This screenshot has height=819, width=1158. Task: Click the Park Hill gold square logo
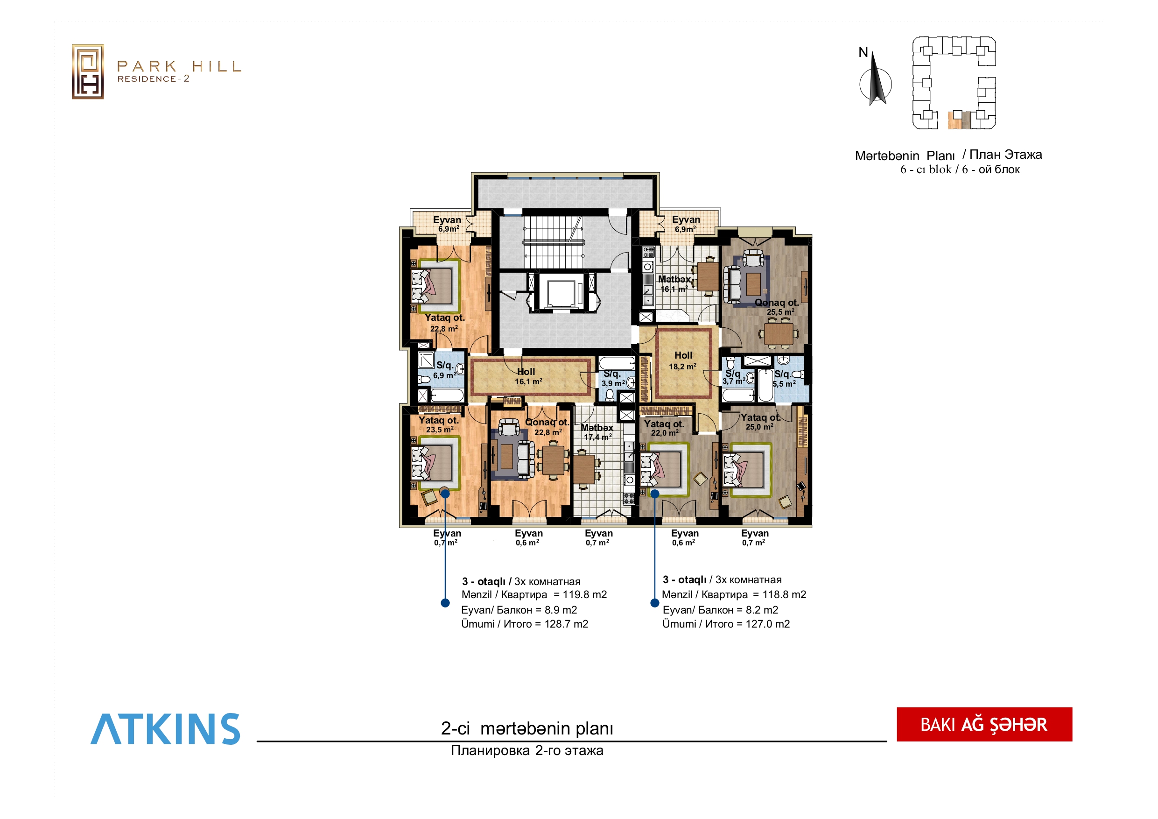point(88,71)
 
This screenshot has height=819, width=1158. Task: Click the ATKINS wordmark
point(165,729)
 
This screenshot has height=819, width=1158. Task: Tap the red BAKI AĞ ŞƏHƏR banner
point(984,724)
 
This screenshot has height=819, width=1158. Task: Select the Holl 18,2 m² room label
point(683,360)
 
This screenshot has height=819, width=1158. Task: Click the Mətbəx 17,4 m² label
point(597,432)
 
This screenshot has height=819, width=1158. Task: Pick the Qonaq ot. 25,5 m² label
point(777,307)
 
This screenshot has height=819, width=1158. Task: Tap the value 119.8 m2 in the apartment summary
point(584,594)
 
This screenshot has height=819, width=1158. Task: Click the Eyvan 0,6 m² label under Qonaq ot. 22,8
point(528,537)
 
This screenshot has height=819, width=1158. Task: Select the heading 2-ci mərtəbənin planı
point(527,728)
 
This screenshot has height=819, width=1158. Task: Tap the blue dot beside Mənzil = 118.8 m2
point(655,603)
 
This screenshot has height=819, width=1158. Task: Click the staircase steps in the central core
point(553,242)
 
